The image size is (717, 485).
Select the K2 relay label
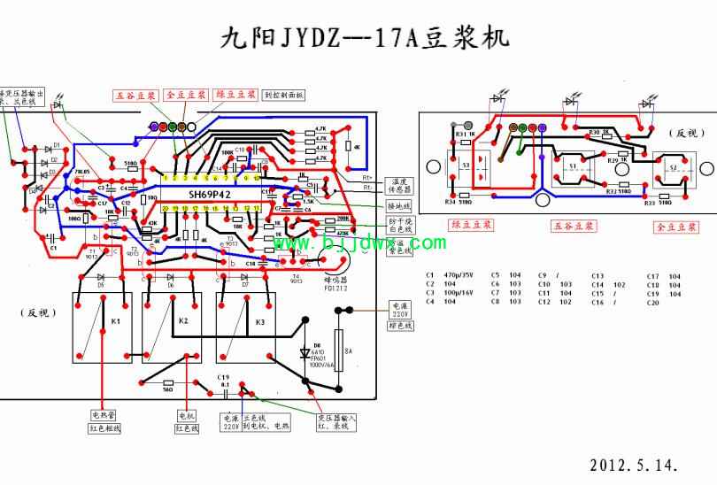pos(183,320)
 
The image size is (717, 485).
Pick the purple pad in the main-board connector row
pos(155,127)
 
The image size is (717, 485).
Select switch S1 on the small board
pos(572,166)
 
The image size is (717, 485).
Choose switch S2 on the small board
pos(673,166)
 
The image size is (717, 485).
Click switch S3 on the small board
pos(466,166)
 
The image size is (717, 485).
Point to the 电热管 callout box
pos(104,414)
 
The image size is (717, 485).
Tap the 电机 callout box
pos(185,414)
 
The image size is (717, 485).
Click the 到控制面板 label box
pos(284,94)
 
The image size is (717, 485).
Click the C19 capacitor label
pos(224,377)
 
